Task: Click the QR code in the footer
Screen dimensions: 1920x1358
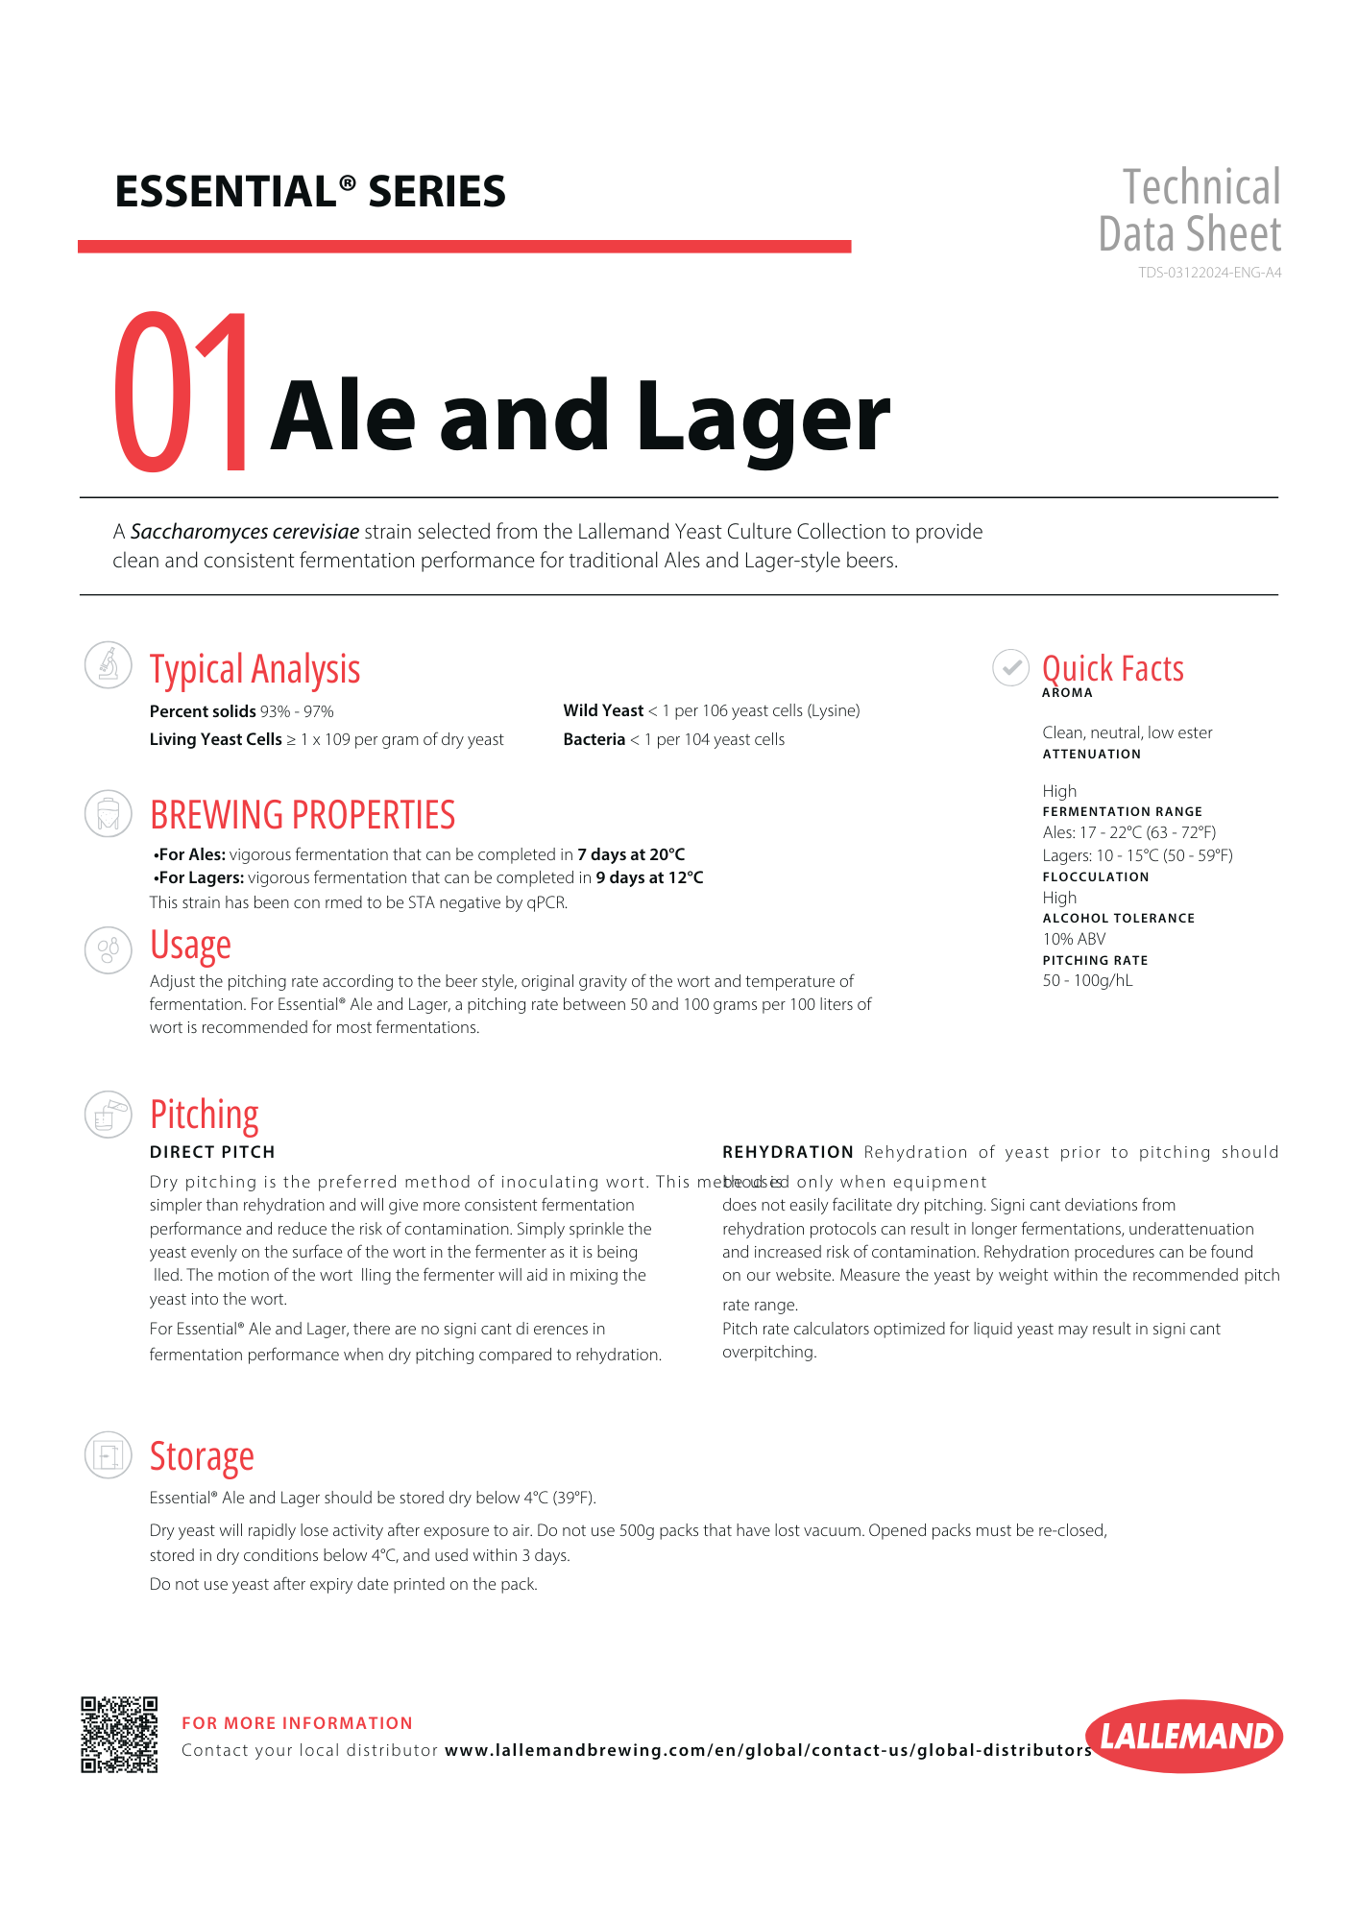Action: click(x=119, y=1735)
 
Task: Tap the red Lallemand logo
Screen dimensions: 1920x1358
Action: click(x=1184, y=1736)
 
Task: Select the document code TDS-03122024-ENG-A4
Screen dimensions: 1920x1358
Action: click(x=1209, y=273)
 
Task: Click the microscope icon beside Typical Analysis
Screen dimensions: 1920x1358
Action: click(x=109, y=664)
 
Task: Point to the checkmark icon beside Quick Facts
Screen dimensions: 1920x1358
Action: click(x=1010, y=667)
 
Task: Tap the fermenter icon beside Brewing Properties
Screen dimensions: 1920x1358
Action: click(x=109, y=814)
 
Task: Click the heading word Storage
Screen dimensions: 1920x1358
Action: click(x=202, y=1456)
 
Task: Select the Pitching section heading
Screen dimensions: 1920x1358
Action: click(x=205, y=1115)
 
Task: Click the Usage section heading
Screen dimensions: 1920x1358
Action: click(x=190, y=946)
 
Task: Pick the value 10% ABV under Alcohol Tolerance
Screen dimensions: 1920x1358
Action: click(x=1074, y=939)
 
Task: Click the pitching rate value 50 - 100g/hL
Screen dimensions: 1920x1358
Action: click(x=1087, y=980)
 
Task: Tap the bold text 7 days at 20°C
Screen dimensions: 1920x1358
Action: click(x=631, y=854)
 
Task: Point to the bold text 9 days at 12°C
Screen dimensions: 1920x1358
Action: click(x=649, y=877)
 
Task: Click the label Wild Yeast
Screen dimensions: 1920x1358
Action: click(x=603, y=710)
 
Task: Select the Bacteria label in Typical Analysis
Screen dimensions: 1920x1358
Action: click(x=594, y=739)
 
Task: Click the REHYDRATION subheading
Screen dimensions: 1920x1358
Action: click(x=788, y=1152)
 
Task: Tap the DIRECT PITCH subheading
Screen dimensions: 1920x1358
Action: click(x=212, y=1152)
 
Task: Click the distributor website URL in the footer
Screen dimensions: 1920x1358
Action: click(x=768, y=1750)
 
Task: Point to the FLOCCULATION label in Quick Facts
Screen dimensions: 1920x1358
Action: click(x=1096, y=876)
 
